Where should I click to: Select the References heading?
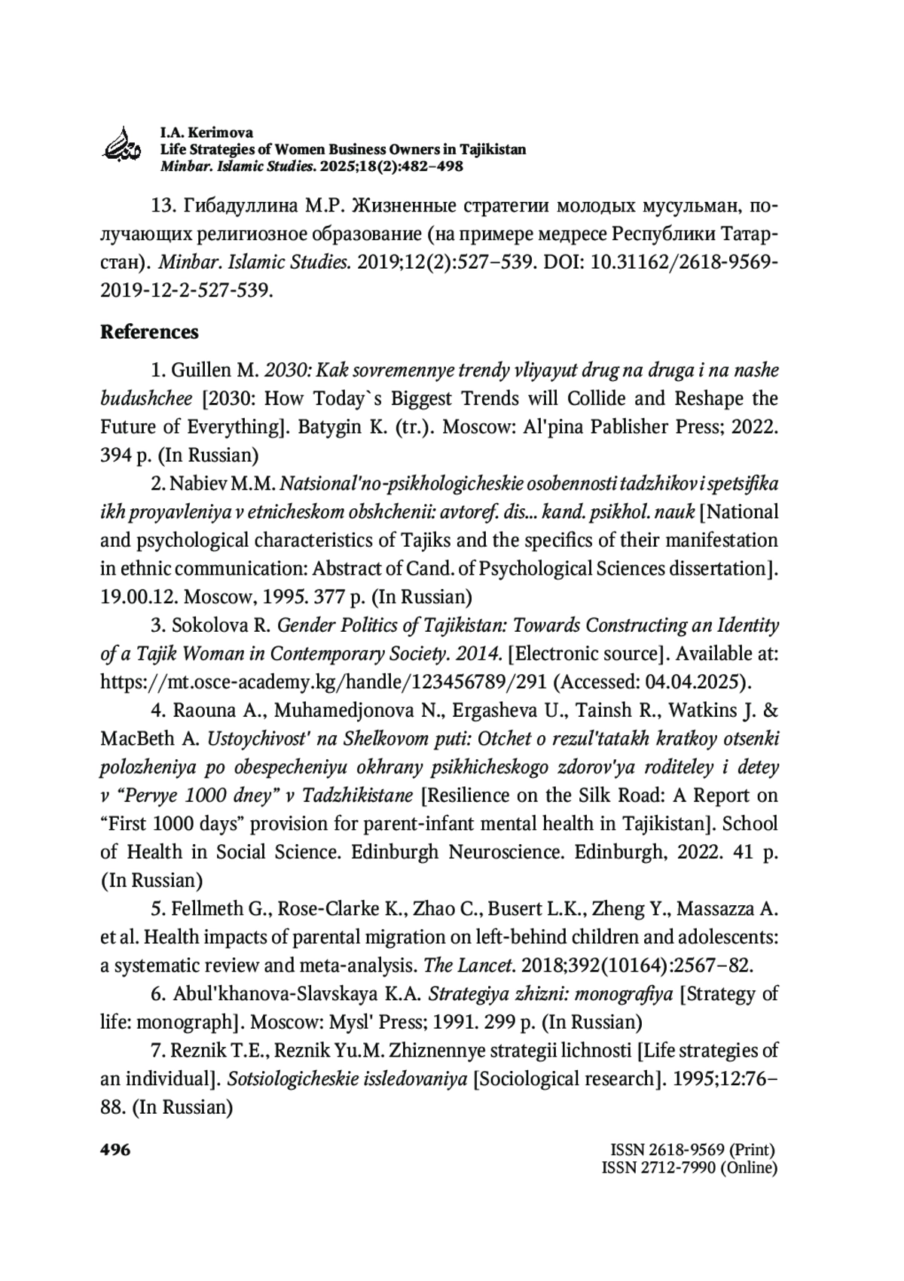(x=149, y=332)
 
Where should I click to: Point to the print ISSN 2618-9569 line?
(x=692, y=1150)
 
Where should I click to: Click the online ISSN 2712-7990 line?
(x=689, y=1168)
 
